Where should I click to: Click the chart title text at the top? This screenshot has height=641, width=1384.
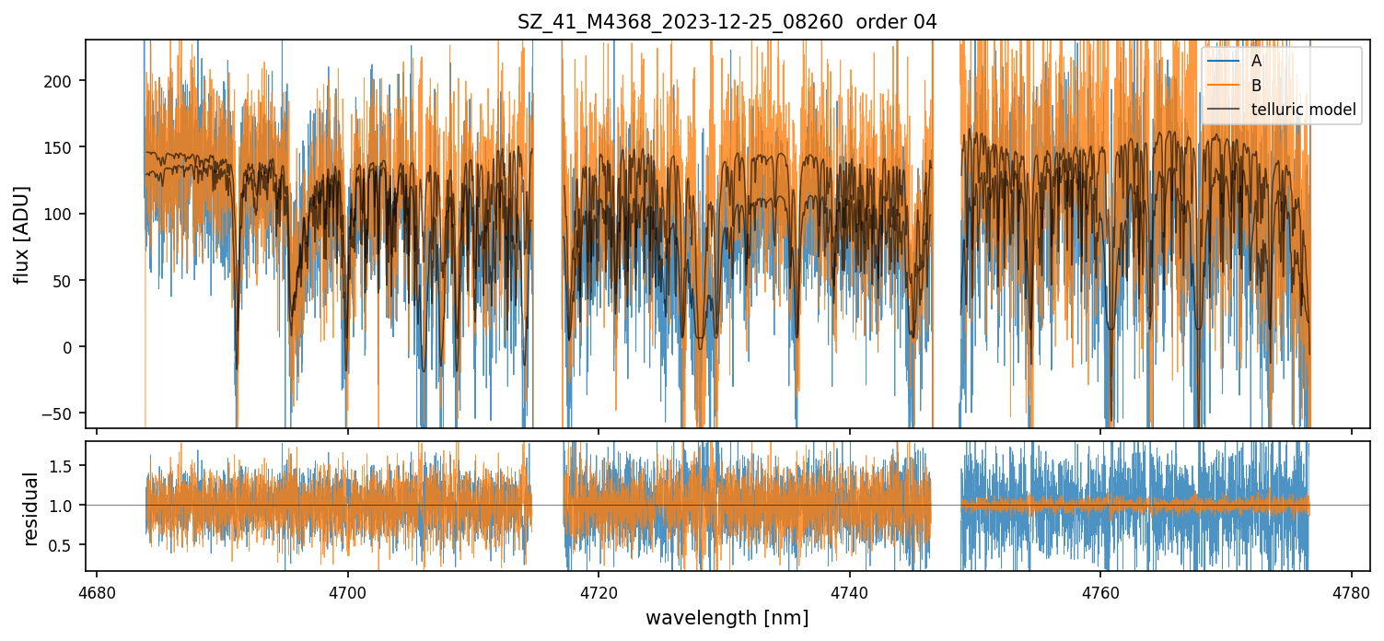pyautogui.click(x=727, y=22)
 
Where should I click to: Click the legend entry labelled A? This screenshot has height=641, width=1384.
pyautogui.click(x=1256, y=61)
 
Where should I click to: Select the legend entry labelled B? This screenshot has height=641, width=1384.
pyautogui.click(x=1256, y=86)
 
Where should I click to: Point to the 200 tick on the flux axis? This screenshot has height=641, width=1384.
pyautogui.click(x=68, y=81)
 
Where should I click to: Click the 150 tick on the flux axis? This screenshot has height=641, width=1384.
pyautogui.click(x=68, y=147)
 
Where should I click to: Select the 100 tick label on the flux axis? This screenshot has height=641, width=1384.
pyautogui.click(x=68, y=214)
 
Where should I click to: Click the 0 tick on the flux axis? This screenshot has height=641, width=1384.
pyautogui.click(x=77, y=347)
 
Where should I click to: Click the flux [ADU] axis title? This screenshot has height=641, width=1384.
pyautogui.click(x=22, y=234)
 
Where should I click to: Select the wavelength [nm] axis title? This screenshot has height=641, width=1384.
pyautogui.click(x=727, y=618)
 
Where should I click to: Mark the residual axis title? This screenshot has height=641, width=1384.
pyautogui.click(x=31, y=508)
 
